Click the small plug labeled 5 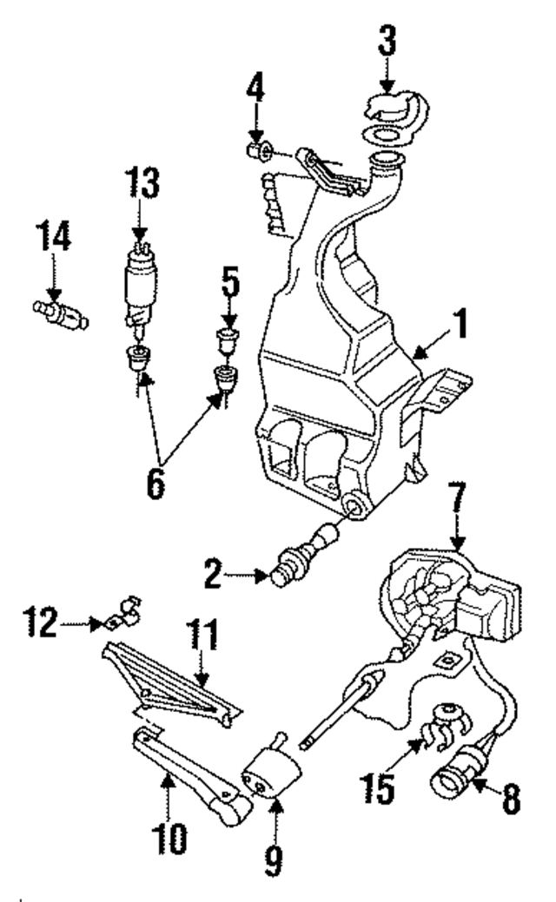(226, 339)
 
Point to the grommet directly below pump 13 (136, 357)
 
